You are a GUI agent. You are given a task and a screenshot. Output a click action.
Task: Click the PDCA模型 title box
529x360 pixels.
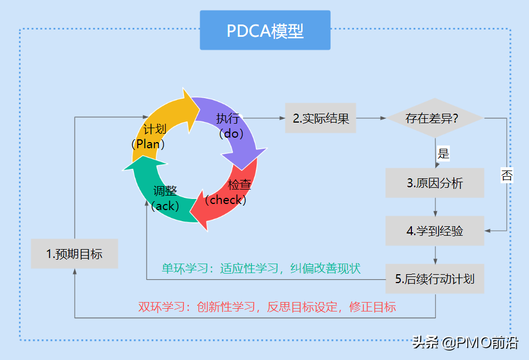pyautogui.click(x=265, y=30)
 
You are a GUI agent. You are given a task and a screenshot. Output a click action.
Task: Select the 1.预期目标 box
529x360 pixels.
pyautogui.click(x=75, y=254)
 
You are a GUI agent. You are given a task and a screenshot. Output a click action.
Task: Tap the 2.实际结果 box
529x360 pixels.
pyautogui.click(x=321, y=118)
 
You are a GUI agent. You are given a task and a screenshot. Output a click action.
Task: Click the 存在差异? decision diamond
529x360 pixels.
pyautogui.click(x=435, y=118)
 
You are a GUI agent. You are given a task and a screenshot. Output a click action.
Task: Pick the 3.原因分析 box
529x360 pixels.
pyautogui.click(x=435, y=183)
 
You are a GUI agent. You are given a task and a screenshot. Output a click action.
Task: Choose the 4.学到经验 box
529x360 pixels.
pyautogui.click(x=435, y=231)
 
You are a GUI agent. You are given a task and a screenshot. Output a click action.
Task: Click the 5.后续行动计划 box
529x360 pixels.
pyautogui.click(x=435, y=279)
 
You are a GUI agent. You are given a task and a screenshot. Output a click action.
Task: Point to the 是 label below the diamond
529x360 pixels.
pyautogui.click(x=443, y=153)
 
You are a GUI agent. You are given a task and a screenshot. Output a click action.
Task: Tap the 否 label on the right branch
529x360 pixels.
pyautogui.click(x=507, y=175)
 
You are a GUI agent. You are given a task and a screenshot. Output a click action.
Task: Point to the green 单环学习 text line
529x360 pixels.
pyautogui.click(x=261, y=269)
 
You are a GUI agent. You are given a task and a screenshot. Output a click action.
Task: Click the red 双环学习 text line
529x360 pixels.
pyautogui.click(x=267, y=307)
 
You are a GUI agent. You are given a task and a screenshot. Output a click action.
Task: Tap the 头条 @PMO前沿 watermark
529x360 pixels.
pyautogui.click(x=465, y=343)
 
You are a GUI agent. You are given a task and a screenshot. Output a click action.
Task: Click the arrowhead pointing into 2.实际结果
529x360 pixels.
pyautogui.click(x=283, y=118)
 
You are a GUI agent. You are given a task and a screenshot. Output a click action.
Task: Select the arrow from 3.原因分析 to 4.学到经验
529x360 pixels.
pyautogui.click(x=435, y=207)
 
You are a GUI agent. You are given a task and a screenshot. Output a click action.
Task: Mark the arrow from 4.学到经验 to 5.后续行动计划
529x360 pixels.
pyautogui.click(x=435, y=255)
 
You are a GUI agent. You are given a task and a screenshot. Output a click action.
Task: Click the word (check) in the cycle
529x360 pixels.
pyautogui.click(x=226, y=200)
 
